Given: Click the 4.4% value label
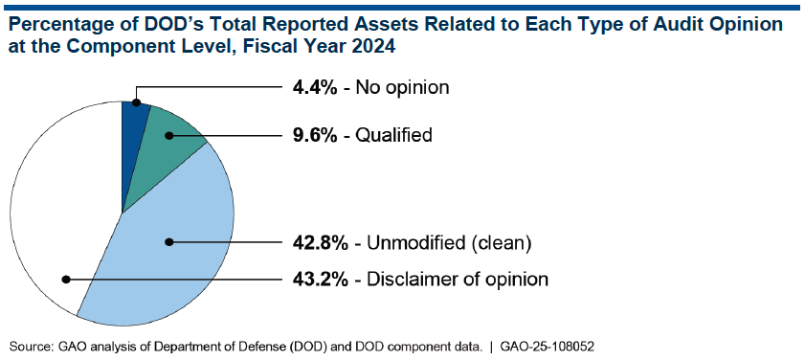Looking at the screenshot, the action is [315, 87].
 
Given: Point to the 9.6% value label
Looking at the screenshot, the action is [315, 135].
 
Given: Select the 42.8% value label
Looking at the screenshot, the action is [320, 243].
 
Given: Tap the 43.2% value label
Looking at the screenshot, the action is [320, 280].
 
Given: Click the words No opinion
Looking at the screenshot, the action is [402, 87].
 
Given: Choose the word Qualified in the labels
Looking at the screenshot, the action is [393, 136].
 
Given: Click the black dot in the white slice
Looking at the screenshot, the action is [66, 280].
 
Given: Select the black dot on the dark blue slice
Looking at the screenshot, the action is [136, 102].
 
